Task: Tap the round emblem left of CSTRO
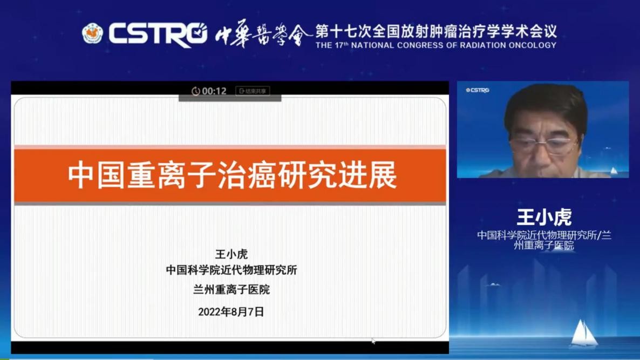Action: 92,33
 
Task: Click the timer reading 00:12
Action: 214,91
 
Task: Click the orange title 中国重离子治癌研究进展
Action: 232,175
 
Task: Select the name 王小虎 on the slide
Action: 231,254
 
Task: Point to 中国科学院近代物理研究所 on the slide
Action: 231,270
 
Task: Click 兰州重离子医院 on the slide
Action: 231,290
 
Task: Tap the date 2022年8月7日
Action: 231,311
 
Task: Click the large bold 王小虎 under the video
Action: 544,217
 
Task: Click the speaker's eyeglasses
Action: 543,144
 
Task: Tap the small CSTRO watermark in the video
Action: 478,90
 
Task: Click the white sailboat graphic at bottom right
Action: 584,334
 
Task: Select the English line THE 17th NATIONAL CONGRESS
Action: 435,45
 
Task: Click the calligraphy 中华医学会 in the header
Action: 263,34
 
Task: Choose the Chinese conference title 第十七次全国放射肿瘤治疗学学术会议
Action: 435,31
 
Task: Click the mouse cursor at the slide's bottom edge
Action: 373,341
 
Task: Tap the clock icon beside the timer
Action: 195,91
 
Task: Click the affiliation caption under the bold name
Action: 544,240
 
